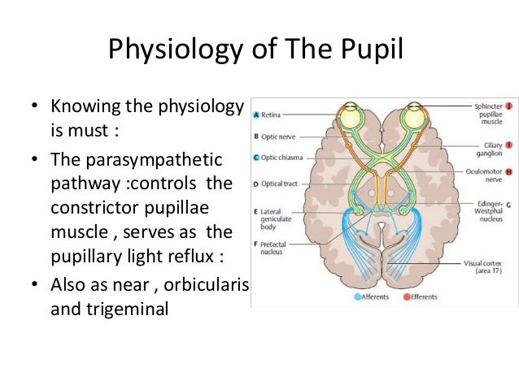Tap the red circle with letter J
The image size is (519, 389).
(508, 106)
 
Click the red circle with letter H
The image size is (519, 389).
(508, 172)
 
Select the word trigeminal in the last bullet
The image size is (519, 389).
(110, 308)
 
